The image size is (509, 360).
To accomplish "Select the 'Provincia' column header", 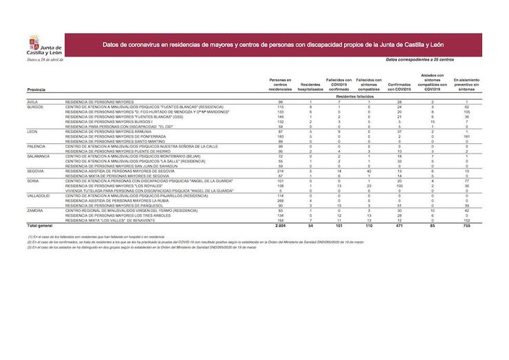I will (37, 90).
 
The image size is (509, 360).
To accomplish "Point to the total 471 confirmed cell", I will (399, 225).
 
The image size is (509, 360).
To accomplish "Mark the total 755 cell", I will (466, 225).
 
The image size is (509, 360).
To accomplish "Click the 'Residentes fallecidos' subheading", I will (355, 96).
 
